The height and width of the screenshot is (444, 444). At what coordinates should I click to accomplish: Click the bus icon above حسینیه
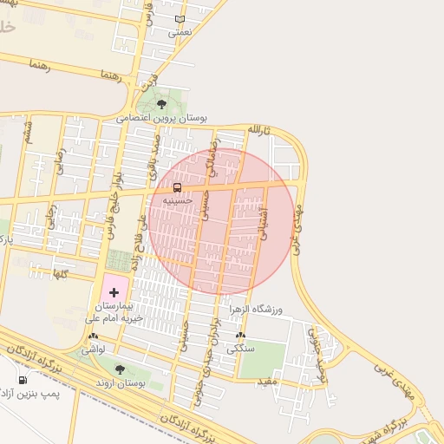coord(177,187)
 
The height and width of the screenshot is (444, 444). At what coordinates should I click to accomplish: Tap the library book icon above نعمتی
coord(180,19)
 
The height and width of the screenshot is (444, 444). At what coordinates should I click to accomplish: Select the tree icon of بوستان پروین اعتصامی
coord(161,103)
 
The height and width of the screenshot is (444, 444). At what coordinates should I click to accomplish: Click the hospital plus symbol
coord(114,293)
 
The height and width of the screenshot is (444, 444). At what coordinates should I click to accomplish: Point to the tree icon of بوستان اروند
coord(120,369)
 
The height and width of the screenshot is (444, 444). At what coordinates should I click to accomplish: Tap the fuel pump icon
coord(22,380)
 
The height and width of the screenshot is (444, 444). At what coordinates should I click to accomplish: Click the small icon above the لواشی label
coord(93,336)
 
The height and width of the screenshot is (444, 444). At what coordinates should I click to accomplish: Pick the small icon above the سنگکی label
coord(240,336)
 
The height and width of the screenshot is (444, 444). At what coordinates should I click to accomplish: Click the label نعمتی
coord(179,31)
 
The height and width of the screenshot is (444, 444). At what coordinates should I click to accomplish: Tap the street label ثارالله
coord(259,130)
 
